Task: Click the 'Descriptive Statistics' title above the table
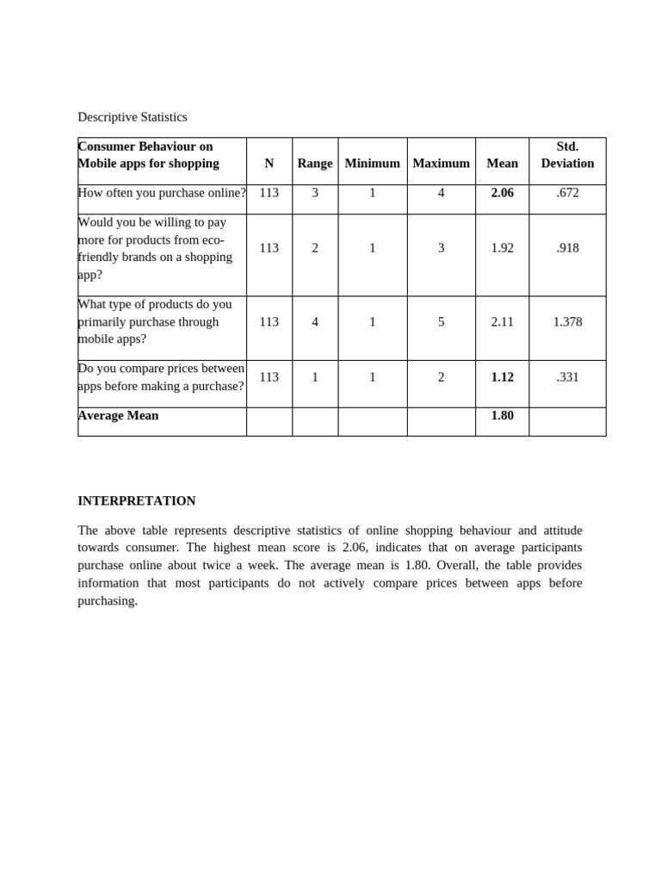pyautogui.click(x=132, y=117)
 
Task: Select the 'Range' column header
pyautogui.click(x=315, y=164)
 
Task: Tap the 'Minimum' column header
pyautogui.click(x=372, y=164)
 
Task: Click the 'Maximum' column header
pyautogui.click(x=441, y=164)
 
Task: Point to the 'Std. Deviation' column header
pyautogui.click(x=567, y=155)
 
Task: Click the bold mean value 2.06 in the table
pyautogui.click(x=502, y=193)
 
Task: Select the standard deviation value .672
pyautogui.click(x=567, y=193)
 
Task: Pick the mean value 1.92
pyautogui.click(x=502, y=248)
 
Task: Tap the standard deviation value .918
pyautogui.click(x=567, y=248)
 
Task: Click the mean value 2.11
pyautogui.click(x=502, y=322)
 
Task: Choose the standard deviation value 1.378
pyautogui.click(x=567, y=322)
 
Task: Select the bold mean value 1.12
pyautogui.click(x=502, y=377)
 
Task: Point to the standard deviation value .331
pyautogui.click(x=567, y=377)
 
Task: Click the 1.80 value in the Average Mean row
pyautogui.click(x=502, y=416)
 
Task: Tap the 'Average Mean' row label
pyautogui.click(x=119, y=416)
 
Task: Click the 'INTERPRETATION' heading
pyautogui.click(x=137, y=501)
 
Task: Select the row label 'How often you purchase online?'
pyautogui.click(x=162, y=193)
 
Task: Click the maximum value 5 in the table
pyautogui.click(x=441, y=322)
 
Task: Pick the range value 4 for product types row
pyautogui.click(x=315, y=322)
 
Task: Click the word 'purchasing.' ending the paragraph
pyautogui.click(x=108, y=601)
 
